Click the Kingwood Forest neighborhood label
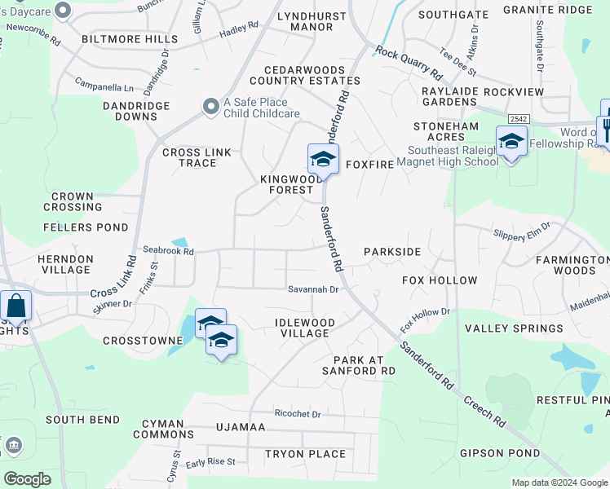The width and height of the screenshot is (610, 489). coord(286,184)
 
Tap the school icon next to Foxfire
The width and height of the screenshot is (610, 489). coord(323,159)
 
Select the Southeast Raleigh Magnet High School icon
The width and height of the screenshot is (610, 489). coord(511,141)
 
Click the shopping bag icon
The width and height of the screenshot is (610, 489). coord(15,306)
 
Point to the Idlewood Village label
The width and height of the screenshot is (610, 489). coord(304,328)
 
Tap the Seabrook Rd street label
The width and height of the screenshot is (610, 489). coord(168,252)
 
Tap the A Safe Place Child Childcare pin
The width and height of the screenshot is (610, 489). coord(210,106)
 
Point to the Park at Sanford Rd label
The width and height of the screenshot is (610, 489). coord(365,365)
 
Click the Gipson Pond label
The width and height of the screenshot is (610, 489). coord(500,453)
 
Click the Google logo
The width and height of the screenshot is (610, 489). coord(26,479)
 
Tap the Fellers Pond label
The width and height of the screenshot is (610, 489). coord(86,227)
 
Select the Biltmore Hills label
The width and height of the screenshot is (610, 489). coord(130,39)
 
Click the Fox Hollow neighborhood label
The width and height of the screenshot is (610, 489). coord(440,280)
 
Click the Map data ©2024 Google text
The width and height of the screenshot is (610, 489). coord(559,482)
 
